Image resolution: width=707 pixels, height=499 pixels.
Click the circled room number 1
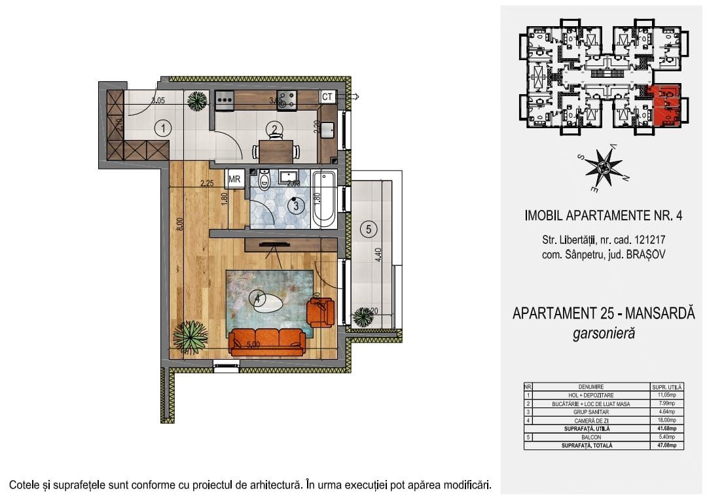162,128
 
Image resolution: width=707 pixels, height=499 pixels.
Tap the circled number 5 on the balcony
369,229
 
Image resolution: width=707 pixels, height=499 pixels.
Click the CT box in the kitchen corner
328,97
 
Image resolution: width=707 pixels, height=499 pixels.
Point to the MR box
234,179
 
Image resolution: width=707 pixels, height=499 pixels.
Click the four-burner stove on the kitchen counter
287,99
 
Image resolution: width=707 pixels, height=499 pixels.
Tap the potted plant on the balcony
363,318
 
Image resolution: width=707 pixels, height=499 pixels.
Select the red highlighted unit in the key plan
666,105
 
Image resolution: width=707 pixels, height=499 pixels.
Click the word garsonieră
604,334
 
